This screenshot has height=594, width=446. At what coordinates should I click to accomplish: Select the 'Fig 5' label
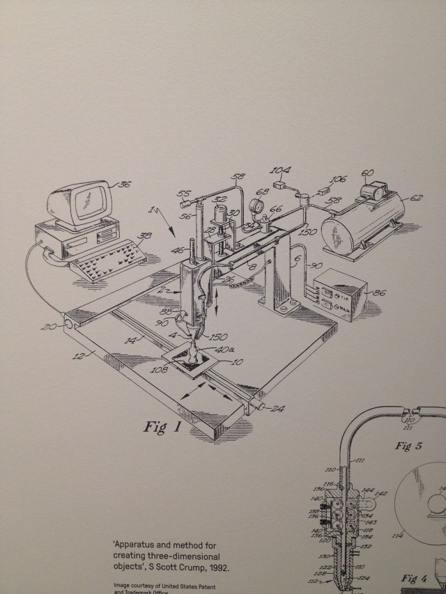408,447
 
